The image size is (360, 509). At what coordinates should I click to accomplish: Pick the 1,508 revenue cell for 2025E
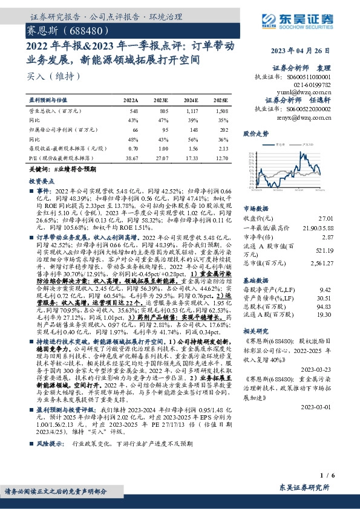click(x=221, y=112)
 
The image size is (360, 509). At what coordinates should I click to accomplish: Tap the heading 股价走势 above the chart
click(x=255, y=133)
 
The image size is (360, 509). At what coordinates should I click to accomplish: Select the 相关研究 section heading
click(x=255, y=332)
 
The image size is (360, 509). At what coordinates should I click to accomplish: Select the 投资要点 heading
click(x=42, y=181)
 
